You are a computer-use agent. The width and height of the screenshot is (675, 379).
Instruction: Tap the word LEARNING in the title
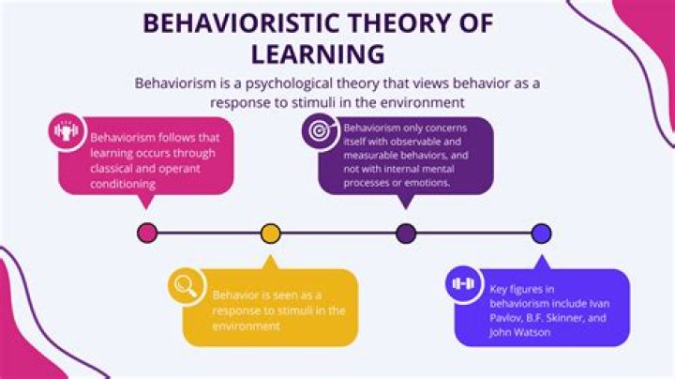pos(318,54)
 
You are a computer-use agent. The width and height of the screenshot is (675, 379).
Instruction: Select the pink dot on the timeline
pos(147,233)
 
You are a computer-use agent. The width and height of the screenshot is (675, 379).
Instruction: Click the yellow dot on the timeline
pos(271,233)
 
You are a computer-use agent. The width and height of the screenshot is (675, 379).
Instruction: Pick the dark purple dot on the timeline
pos(406,233)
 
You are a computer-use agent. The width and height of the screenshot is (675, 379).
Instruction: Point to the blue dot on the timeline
pos(541,233)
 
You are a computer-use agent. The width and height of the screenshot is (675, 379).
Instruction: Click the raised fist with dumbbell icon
pos(67,131)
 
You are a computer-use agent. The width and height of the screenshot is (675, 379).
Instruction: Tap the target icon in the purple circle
pos(320,130)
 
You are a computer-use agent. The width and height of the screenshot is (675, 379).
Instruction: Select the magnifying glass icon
pos(186,285)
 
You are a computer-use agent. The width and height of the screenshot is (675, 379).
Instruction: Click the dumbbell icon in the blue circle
pos(464,283)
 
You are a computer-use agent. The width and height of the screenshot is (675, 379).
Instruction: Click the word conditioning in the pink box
pos(123,184)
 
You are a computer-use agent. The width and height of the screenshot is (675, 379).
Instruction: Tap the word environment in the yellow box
pos(247,326)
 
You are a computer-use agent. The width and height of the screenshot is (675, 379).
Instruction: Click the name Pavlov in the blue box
pos(503,318)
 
